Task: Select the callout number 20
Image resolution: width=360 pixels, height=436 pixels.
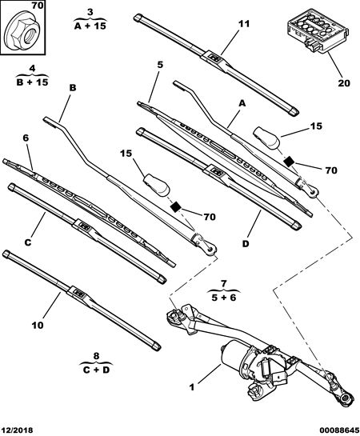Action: pos(344,83)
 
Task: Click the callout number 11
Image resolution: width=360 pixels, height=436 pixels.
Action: pos(244,24)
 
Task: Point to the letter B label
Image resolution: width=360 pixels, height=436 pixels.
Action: pos(73,88)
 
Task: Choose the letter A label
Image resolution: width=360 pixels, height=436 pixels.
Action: pos(242,103)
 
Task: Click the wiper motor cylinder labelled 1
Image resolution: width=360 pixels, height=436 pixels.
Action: pos(236,355)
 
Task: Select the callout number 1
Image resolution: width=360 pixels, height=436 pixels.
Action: pos(192,387)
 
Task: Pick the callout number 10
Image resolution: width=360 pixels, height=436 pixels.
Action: pos(38,325)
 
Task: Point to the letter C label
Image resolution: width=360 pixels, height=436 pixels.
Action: pos(28,242)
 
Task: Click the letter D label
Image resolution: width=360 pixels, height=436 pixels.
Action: pos(246,244)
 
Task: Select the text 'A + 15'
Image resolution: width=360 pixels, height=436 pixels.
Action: pos(90,26)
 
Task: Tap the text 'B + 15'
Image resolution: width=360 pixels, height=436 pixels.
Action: pos(32,82)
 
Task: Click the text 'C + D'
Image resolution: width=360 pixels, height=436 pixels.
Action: pos(96,370)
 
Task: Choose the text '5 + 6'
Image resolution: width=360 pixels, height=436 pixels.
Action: pos(224,298)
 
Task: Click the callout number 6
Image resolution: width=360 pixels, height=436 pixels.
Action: pos(26,138)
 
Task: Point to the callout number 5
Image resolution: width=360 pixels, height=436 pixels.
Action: pos(160,65)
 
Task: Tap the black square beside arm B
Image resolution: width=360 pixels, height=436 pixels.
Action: pos(175,207)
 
